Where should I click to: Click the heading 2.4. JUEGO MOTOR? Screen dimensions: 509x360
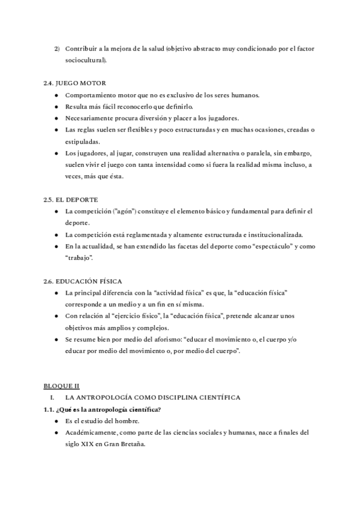(x=75, y=82)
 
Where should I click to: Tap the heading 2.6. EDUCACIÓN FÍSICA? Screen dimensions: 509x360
(x=83, y=280)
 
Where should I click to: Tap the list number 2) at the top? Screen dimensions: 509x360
(x=56, y=48)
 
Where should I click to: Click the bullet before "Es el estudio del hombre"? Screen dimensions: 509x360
(x=56, y=421)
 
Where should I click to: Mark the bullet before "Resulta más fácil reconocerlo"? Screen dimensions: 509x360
(x=56, y=106)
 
